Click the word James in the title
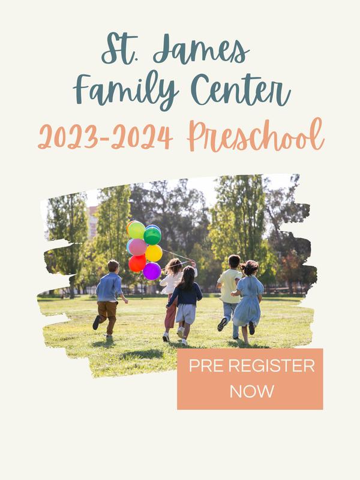tap(201, 49)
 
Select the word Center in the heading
tap(241, 89)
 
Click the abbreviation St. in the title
tap(117, 49)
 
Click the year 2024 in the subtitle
tap(142, 137)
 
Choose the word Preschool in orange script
tap(256, 136)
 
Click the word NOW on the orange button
tap(251, 392)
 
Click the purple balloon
tap(152, 271)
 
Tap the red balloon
tap(137, 263)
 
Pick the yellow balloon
tap(154, 253)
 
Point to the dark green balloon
tap(152, 236)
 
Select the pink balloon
tap(137, 247)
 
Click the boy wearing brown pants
tap(109, 298)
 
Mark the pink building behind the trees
tap(92, 222)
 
